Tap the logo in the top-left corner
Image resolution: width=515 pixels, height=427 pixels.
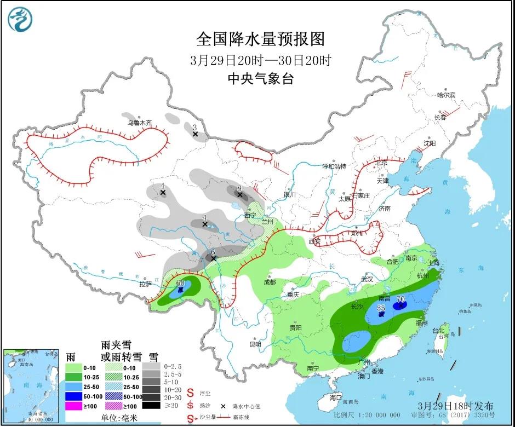(20, 19)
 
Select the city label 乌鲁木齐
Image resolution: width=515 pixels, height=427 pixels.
(139, 123)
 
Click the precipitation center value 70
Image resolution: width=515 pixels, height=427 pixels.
(400, 299)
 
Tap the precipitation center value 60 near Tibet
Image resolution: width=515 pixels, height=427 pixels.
(181, 283)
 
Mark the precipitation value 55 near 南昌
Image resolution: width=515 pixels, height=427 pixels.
(382, 309)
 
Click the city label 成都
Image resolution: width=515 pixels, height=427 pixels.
(269, 282)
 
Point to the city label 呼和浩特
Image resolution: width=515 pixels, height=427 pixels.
(334, 166)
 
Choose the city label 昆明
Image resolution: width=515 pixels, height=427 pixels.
(255, 344)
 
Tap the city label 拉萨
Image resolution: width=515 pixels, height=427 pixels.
(145, 284)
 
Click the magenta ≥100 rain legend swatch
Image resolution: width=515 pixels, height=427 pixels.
(73, 406)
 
